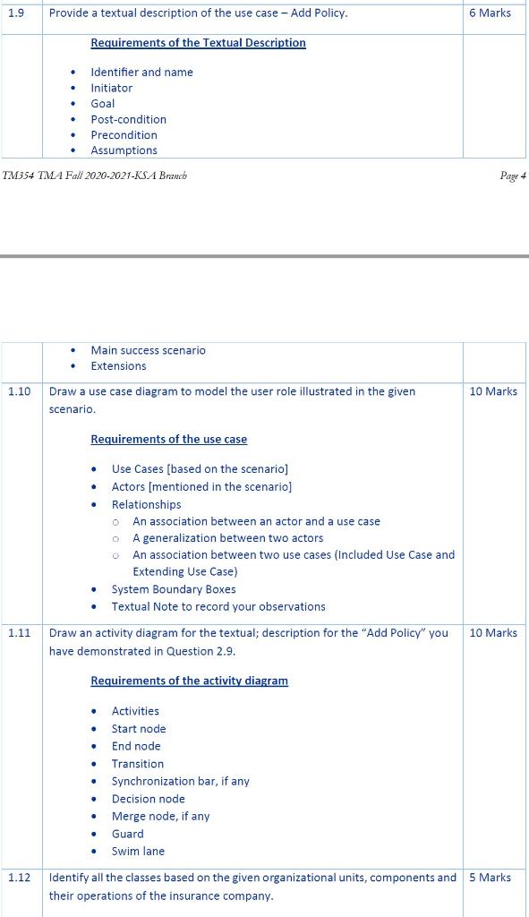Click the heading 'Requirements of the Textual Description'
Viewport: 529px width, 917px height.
(198, 43)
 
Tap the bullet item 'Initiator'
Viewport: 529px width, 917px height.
(111, 88)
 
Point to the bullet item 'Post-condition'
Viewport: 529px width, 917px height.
(128, 119)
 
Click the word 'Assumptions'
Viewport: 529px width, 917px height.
(124, 150)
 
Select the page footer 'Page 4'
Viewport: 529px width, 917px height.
(513, 176)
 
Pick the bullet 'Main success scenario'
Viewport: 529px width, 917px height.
(148, 350)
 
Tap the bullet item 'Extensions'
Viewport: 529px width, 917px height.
(118, 366)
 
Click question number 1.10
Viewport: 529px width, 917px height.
(19, 391)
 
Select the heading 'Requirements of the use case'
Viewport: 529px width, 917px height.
(168, 440)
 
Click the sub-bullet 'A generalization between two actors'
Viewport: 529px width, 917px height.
(227, 538)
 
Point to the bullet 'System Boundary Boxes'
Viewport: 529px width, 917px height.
(174, 589)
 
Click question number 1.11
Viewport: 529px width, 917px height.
(19, 633)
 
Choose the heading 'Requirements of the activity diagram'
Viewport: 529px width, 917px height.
(189, 681)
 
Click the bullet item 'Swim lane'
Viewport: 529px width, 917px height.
(138, 852)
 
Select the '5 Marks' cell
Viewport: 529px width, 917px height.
(490, 878)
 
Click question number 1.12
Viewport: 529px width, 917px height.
(19, 878)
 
